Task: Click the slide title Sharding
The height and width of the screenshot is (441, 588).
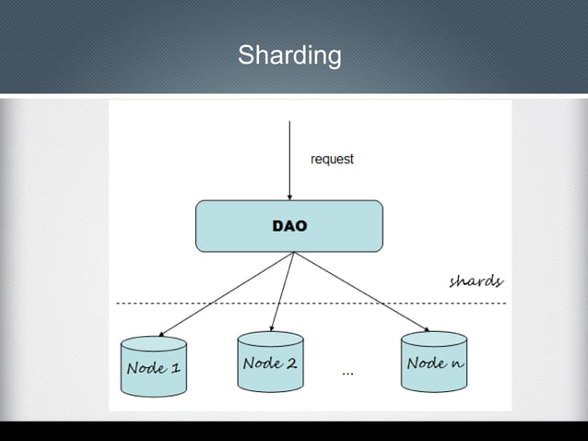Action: pyautogui.click(x=289, y=55)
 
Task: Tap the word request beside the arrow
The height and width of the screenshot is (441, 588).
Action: pyautogui.click(x=332, y=159)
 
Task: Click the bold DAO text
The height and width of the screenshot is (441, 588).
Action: pyautogui.click(x=289, y=226)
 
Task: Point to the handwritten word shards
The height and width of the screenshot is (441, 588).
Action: pyautogui.click(x=476, y=280)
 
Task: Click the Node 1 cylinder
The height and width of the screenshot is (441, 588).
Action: pyautogui.click(x=154, y=367)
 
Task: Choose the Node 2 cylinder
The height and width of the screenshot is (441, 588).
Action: pyautogui.click(x=270, y=363)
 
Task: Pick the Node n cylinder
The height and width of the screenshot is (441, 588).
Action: pyautogui.click(x=434, y=363)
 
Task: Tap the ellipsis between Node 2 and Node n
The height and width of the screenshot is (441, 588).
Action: pyautogui.click(x=347, y=373)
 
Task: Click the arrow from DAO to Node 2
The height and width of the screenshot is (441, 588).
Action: pyautogui.click(x=283, y=290)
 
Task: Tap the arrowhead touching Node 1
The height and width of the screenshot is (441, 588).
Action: pyautogui.click(x=161, y=334)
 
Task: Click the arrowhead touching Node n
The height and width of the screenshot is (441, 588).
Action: pyautogui.click(x=427, y=328)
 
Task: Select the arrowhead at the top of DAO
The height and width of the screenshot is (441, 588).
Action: pyautogui.click(x=289, y=197)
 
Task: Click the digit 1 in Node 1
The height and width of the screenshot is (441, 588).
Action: pyautogui.click(x=175, y=368)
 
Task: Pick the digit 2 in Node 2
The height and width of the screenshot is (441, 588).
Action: pyautogui.click(x=291, y=363)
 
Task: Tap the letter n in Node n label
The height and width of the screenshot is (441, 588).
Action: pyautogui.click(x=457, y=364)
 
